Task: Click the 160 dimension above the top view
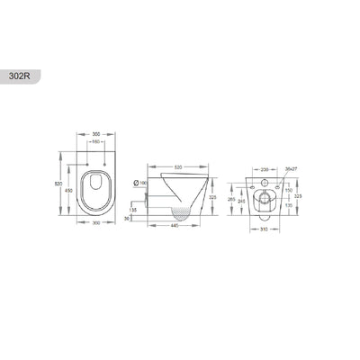[x=94, y=143]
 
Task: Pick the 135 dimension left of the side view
[x=134, y=209]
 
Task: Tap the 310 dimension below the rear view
[x=262, y=228]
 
